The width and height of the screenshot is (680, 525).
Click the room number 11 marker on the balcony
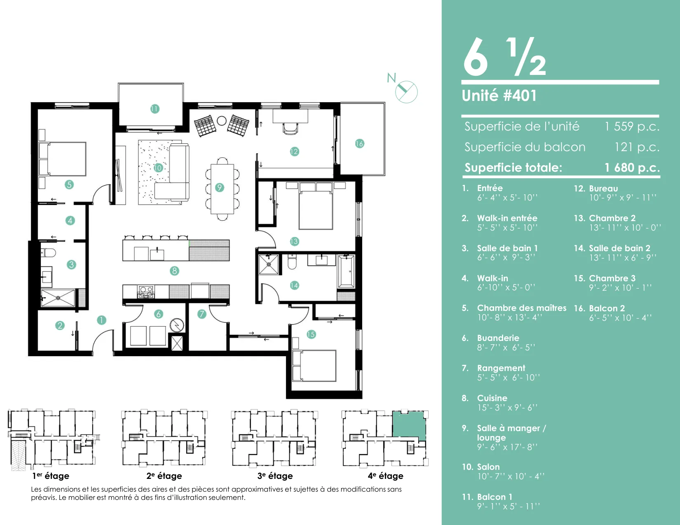pyautogui.click(x=155, y=109)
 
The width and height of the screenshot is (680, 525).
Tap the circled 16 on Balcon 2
pyautogui.click(x=359, y=144)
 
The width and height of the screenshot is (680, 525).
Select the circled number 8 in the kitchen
pyautogui.click(x=174, y=271)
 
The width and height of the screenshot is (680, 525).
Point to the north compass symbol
pyautogui.click(x=406, y=92)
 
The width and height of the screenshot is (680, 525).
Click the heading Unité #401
pyautogui.click(x=499, y=96)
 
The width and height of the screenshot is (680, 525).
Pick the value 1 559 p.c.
pyautogui.click(x=632, y=126)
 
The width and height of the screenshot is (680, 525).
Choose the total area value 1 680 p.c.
pyautogui.click(x=632, y=168)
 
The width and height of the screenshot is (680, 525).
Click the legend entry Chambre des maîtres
pyautogui.click(x=522, y=308)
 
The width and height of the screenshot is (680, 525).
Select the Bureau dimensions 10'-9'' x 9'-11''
pyautogui.click(x=623, y=198)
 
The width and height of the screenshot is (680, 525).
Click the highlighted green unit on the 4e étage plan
pyautogui.click(x=409, y=426)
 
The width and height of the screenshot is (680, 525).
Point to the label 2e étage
pyautogui.click(x=164, y=476)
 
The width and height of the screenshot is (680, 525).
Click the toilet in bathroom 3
pyautogui.click(x=48, y=252)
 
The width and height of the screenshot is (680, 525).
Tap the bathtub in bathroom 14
pyautogui.click(x=346, y=271)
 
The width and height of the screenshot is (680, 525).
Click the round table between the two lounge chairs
pyautogui.click(x=222, y=121)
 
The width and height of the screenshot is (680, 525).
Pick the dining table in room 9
pyautogui.click(x=222, y=189)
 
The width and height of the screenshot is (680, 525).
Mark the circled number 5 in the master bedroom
pyautogui.click(x=69, y=184)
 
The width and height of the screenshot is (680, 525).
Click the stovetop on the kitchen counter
pyautogui.click(x=146, y=292)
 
